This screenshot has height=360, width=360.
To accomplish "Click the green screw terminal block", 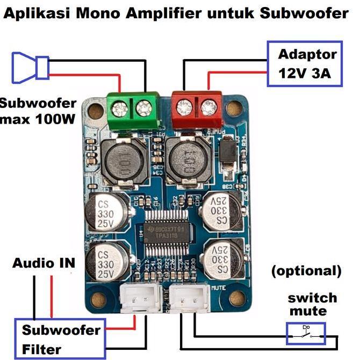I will [133, 110].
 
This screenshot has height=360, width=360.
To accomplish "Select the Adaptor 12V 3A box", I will [305, 63].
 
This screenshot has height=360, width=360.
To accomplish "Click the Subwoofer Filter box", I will [60, 339].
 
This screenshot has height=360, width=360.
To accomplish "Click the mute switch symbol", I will [306, 334].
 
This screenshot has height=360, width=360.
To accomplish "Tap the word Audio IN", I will [44, 263].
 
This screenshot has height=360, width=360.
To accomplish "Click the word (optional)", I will [306, 270].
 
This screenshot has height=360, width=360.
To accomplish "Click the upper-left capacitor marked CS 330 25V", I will [106, 212].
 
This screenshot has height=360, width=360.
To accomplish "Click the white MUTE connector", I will [193, 297].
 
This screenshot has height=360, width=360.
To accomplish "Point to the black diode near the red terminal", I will [229, 152].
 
